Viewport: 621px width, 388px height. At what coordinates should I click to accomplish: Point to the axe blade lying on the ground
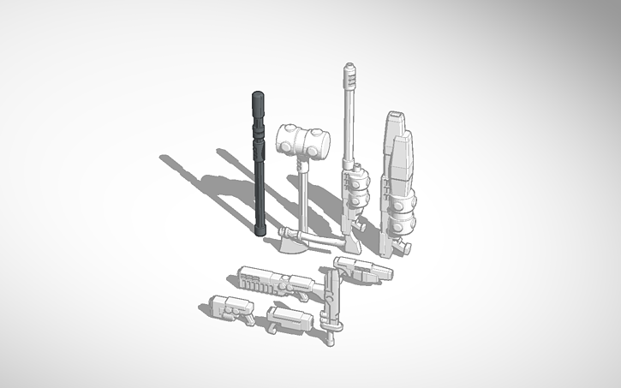click(x=291, y=242)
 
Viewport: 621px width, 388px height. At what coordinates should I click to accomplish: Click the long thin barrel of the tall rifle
click(x=348, y=120)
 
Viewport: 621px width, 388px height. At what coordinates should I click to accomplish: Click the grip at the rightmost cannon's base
click(x=404, y=247)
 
